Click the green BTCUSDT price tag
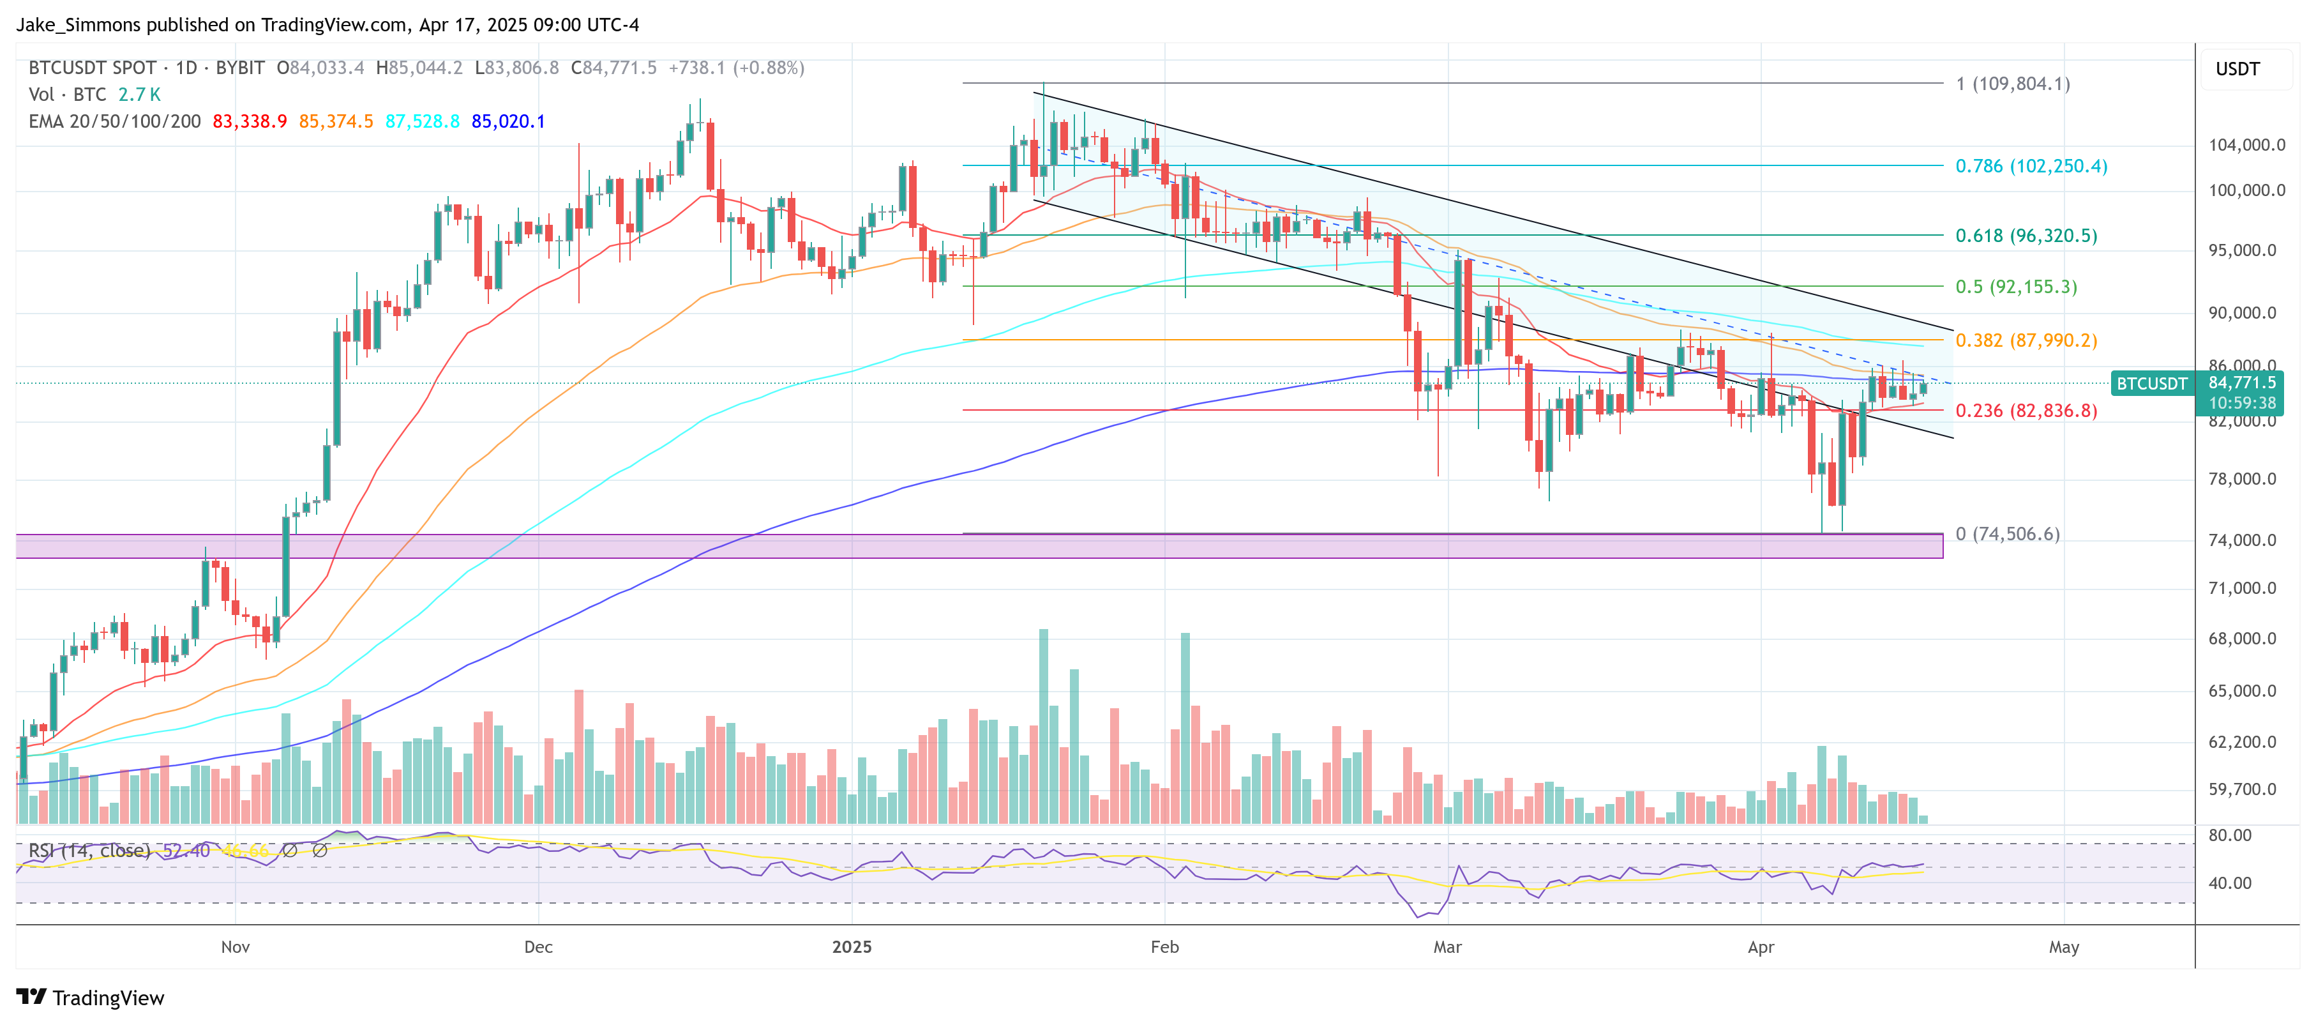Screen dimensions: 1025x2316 2151,384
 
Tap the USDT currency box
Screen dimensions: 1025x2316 2237,69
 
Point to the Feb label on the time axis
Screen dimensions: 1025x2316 1164,947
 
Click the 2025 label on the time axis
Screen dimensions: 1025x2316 852,947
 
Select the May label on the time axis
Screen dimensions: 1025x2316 2063,947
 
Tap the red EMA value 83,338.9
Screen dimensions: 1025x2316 249,121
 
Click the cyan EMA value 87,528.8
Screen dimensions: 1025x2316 422,121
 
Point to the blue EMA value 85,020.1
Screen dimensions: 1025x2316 508,121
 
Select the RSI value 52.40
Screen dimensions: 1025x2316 186,851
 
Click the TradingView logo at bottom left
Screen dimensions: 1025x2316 90,998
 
